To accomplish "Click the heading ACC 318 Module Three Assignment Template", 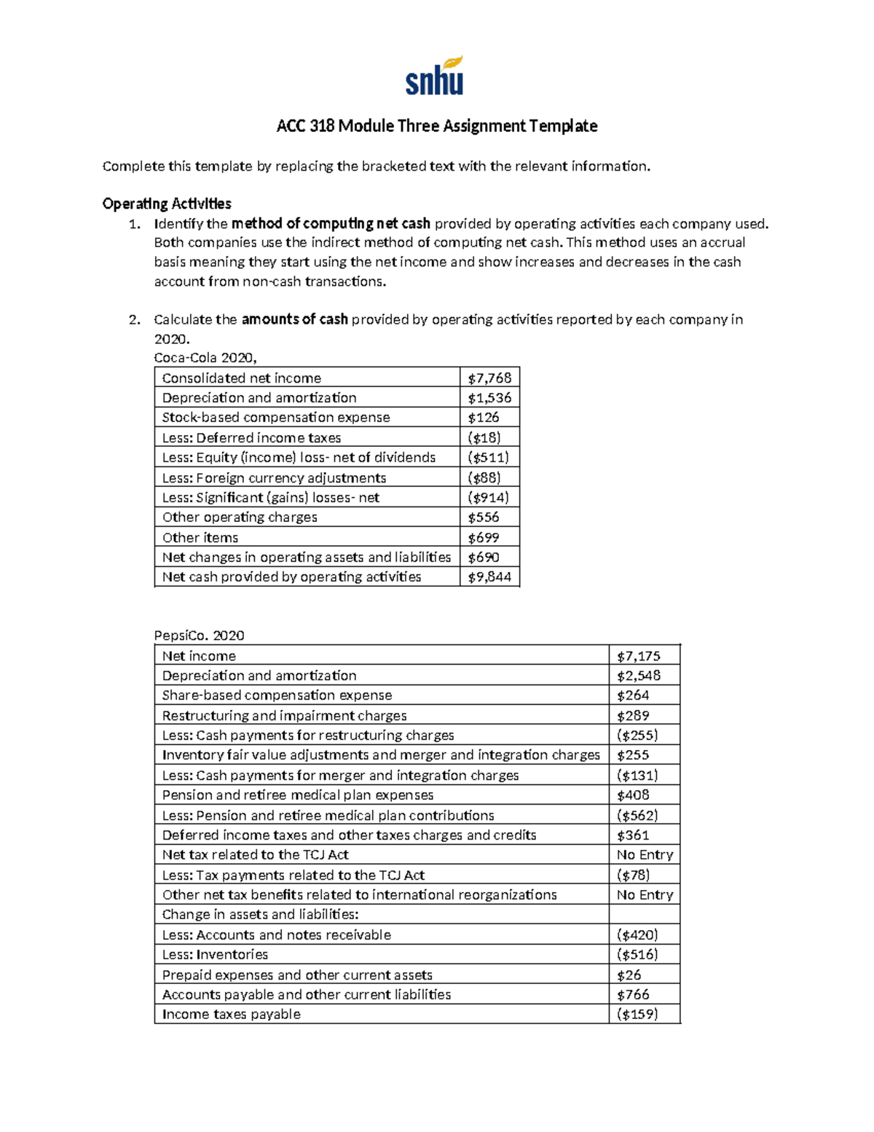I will click(436, 126).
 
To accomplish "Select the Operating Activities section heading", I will click(167, 204).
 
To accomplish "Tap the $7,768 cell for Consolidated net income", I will click(489, 378).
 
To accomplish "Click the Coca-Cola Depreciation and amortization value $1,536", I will click(489, 398).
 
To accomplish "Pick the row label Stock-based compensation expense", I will click(276, 418).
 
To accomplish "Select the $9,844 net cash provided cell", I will click(489, 577).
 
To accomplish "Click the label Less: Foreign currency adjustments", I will click(274, 478).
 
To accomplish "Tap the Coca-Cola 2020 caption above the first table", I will click(205, 358).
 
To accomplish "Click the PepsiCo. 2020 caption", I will click(199, 636).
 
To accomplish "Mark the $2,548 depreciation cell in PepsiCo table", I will click(639, 676).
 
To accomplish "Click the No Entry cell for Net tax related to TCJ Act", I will click(645, 855).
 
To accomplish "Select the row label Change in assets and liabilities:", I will click(260, 915).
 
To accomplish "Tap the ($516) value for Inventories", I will click(637, 954).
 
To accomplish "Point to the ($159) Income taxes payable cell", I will click(637, 1014).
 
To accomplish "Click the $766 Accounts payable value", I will click(633, 994).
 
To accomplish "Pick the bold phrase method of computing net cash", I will click(331, 224).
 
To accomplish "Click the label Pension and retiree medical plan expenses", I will click(297, 795).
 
